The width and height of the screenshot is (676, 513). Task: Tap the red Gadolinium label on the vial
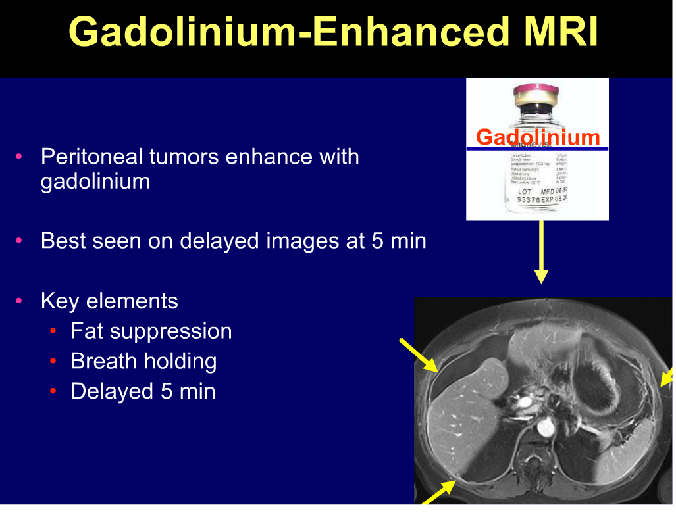(x=538, y=137)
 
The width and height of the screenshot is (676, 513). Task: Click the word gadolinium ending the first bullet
(x=95, y=181)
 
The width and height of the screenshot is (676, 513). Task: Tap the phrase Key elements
(x=109, y=301)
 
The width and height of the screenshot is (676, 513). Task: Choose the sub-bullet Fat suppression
(x=151, y=331)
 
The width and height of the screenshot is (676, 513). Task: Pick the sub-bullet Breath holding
(x=143, y=361)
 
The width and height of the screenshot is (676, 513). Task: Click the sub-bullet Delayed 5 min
(x=143, y=391)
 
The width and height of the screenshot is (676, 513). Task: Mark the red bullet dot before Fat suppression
(x=53, y=331)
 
